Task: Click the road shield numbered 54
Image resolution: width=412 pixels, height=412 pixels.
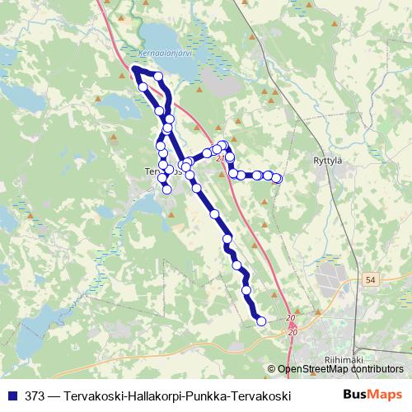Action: pyautogui.click(x=371, y=281)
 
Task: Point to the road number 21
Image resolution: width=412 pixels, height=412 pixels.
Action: pyautogui.click(x=221, y=158)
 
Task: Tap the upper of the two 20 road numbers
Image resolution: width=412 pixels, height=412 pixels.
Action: pyautogui.click(x=292, y=318)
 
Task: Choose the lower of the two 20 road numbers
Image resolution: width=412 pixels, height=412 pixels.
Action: pyautogui.click(x=293, y=331)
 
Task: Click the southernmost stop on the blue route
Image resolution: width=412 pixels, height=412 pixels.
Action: pyautogui.click(x=262, y=321)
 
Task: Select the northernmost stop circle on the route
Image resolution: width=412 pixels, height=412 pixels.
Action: pyautogui.click(x=157, y=77)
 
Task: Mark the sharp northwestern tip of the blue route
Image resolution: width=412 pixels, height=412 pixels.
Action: pyautogui.click(x=133, y=68)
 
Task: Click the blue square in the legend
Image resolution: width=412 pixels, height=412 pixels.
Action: pyautogui.click(x=12, y=396)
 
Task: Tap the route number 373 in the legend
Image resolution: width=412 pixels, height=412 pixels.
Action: pyautogui.click(x=35, y=396)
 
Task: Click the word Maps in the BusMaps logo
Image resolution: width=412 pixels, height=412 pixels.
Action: pyautogui.click(x=386, y=395)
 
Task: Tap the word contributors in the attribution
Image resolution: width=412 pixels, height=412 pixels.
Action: pyautogui.click(x=377, y=370)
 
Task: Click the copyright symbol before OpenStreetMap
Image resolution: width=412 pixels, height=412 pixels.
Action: pyautogui.click(x=273, y=370)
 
